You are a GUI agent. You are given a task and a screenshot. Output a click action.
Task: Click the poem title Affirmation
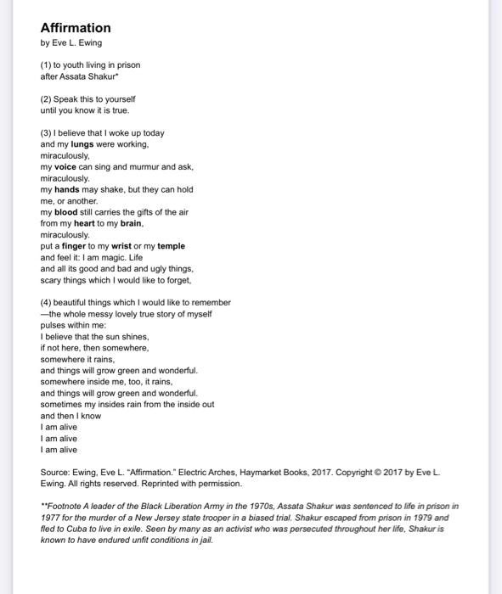tap(76, 28)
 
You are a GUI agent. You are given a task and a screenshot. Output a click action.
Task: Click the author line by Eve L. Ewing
tap(71, 43)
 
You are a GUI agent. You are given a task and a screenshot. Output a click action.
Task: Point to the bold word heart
tap(84, 224)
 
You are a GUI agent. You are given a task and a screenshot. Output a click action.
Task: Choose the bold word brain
tap(130, 224)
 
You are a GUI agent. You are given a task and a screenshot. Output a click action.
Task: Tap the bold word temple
tap(171, 247)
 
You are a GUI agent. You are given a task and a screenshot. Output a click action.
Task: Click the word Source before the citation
tap(55, 472)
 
